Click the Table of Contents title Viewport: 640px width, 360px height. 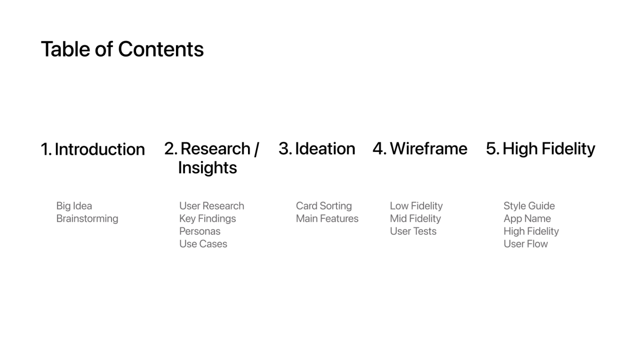(122, 49)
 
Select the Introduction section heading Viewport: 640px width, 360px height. (93, 149)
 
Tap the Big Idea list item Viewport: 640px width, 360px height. (74, 206)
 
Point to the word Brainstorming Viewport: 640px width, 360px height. (87, 219)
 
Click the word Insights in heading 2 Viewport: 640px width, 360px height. (207, 167)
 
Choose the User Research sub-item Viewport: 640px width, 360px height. (212, 206)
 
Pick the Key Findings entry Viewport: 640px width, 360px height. (207, 219)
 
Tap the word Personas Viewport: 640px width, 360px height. (199, 231)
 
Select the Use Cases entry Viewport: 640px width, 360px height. (203, 244)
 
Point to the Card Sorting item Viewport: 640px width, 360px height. (324, 206)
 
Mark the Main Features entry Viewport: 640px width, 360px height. (327, 219)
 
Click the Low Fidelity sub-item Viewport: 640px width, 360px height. (417, 206)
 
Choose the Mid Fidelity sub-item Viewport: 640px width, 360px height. (415, 219)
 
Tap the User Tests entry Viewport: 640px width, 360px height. (413, 231)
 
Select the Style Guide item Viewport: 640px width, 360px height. (529, 206)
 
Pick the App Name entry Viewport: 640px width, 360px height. (527, 219)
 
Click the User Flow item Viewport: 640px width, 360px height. (526, 244)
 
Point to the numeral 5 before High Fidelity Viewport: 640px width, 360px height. (491, 149)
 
